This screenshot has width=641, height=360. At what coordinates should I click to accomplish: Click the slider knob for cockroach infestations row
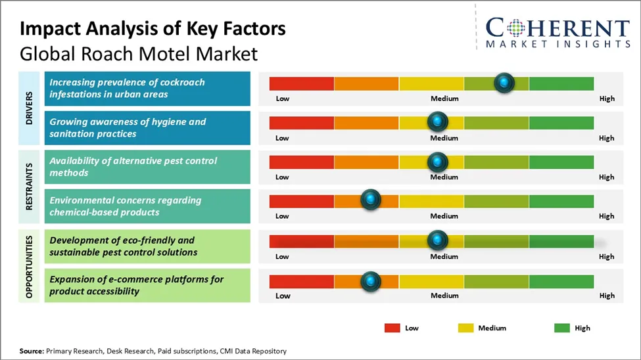pos(504,83)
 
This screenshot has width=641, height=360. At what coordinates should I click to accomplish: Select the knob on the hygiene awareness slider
pos(437,122)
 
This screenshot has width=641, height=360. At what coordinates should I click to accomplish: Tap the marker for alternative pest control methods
pos(437,161)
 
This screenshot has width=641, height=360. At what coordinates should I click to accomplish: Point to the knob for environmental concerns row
pos(371,200)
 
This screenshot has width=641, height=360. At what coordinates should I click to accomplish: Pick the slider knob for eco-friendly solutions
pos(437,240)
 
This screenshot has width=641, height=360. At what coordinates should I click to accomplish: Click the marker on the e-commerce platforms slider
pos(371,281)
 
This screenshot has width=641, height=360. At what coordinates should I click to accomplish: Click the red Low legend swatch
pos(392,328)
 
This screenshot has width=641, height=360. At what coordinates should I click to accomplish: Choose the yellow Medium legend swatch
pos(465,328)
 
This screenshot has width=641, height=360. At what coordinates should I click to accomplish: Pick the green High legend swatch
pos(561,328)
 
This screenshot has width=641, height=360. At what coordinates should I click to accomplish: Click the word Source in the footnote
pos(31,351)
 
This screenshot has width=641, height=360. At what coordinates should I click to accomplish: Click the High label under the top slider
pos(607,99)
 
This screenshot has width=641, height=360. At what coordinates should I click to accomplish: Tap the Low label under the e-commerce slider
pos(283,296)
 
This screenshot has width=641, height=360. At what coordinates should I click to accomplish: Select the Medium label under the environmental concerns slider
pos(444,216)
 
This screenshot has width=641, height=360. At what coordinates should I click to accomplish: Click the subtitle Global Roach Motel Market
pos(139,53)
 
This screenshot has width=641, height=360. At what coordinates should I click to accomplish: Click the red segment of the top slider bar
pos(302,83)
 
